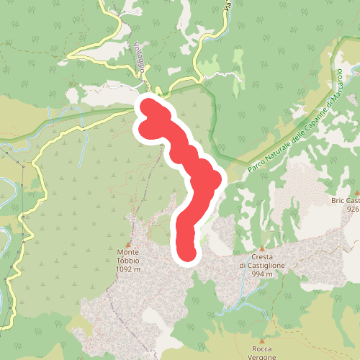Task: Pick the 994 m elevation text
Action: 262,274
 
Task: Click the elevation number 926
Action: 352,209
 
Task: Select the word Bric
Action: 338,201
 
